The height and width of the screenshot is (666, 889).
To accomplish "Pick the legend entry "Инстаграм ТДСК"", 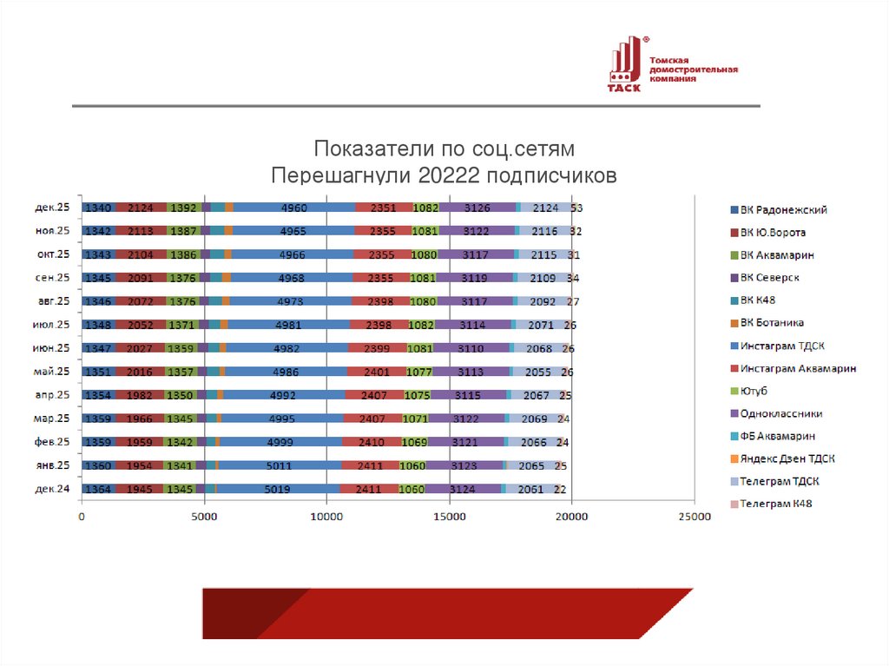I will coord(782,346).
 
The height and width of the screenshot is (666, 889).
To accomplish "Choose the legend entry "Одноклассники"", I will coord(781,414).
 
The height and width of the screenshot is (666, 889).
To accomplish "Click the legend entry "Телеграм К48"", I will coord(779,504).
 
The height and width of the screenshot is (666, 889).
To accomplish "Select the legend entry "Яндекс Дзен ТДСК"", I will coord(787,458).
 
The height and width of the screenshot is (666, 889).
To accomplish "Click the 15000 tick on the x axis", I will coord(449,518).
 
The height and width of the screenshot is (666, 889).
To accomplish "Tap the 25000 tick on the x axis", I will coord(694,518).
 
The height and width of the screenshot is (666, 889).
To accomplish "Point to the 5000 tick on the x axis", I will coord(203,518).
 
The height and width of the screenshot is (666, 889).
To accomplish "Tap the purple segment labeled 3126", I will coord(477,208).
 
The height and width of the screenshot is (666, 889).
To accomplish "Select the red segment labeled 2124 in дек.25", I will coord(140,208).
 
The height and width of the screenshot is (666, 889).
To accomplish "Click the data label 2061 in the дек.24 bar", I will coord(530,490).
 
